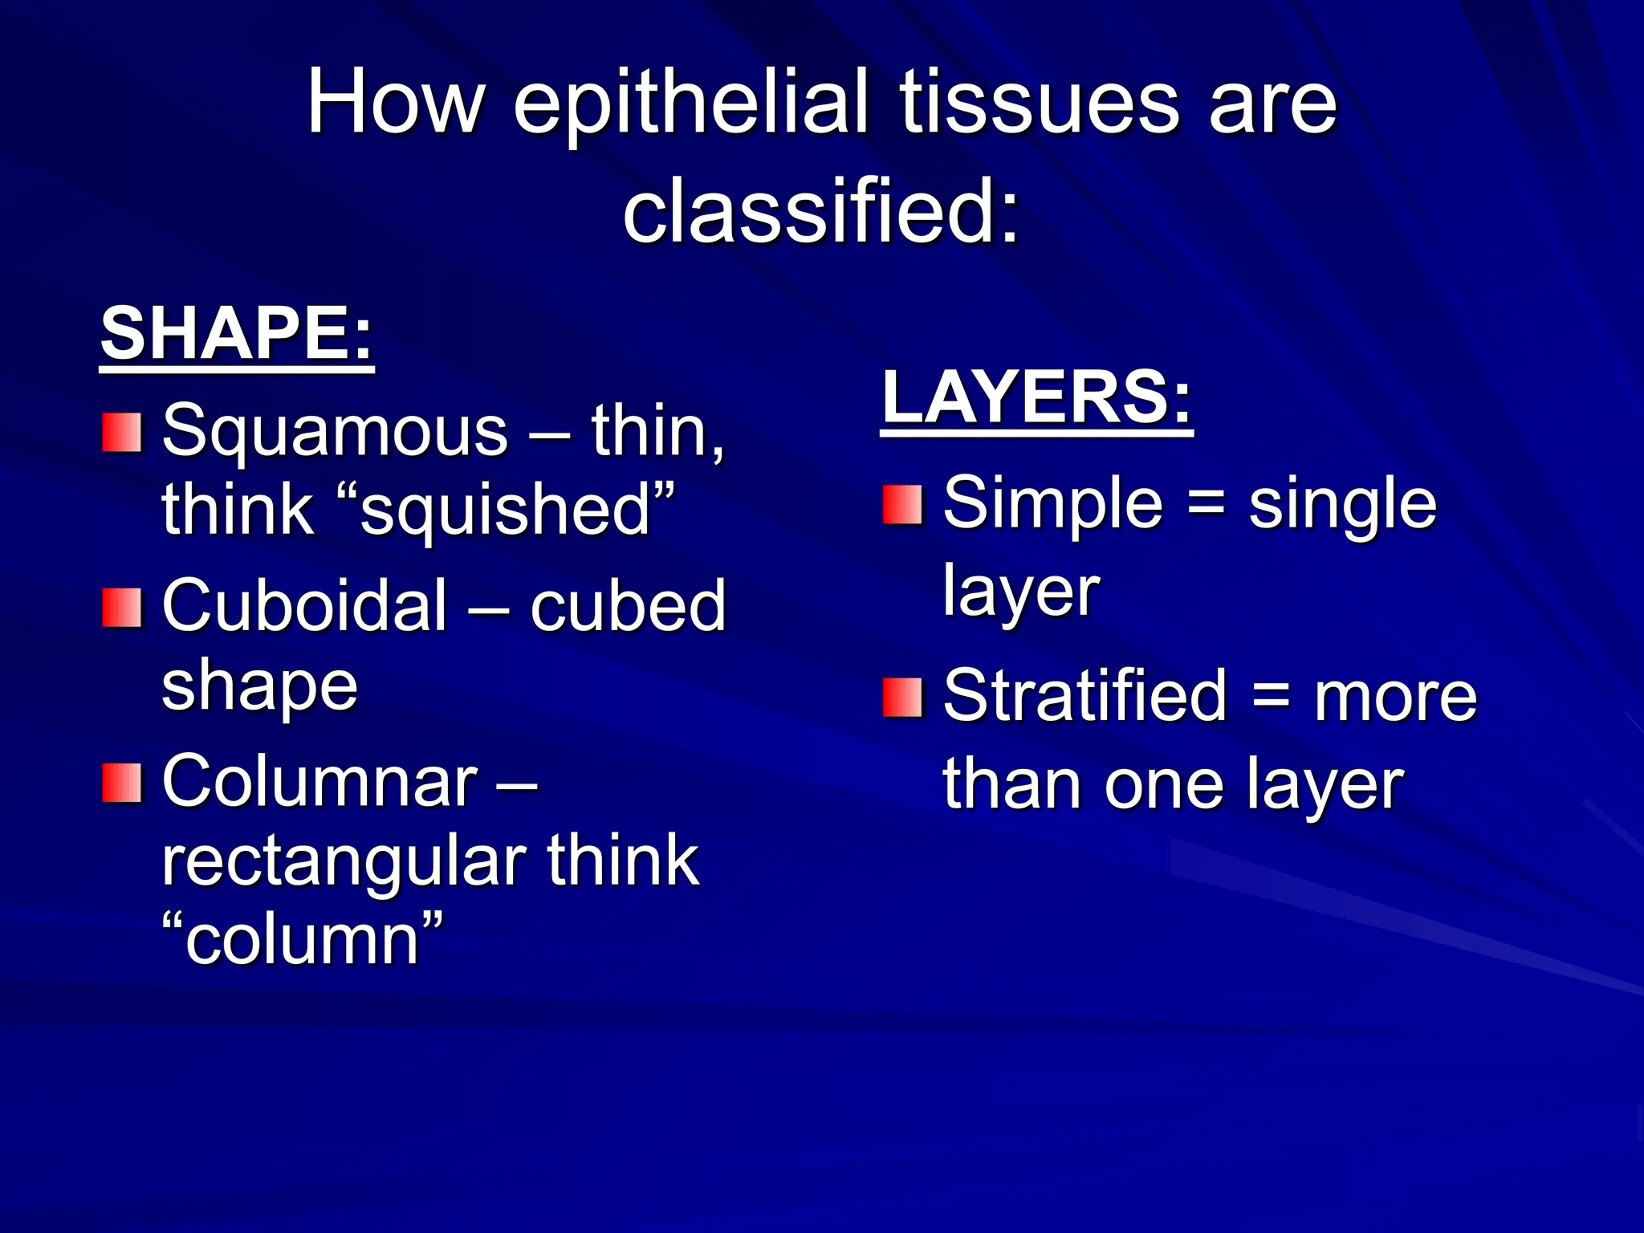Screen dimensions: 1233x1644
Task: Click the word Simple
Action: click(x=1052, y=504)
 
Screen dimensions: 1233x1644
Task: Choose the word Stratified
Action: click(x=1084, y=696)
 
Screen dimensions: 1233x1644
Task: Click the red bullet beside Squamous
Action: click(x=122, y=433)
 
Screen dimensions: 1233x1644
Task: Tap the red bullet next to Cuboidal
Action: click(x=122, y=608)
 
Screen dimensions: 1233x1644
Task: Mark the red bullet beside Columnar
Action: click(x=122, y=783)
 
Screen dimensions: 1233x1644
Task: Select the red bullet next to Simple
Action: click(x=902, y=505)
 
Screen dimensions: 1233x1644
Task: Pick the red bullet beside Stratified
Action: click(x=902, y=697)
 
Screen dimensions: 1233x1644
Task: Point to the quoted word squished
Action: click(x=504, y=511)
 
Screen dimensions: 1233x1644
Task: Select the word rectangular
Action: click(x=344, y=861)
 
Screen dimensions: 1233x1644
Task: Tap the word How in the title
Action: click(x=395, y=103)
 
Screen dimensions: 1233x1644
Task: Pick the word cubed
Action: click(x=627, y=606)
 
